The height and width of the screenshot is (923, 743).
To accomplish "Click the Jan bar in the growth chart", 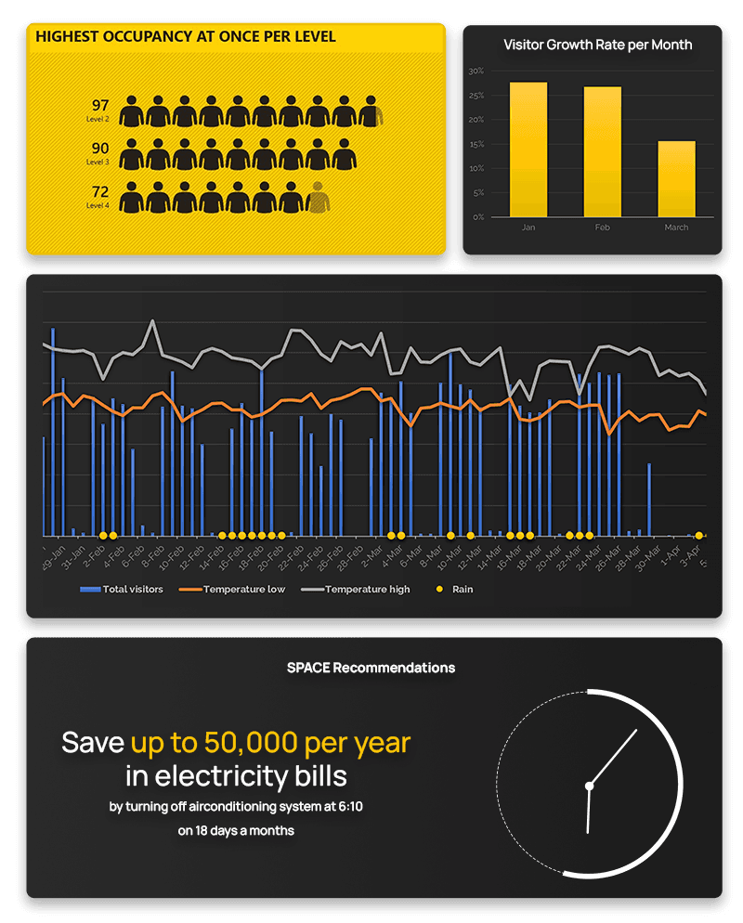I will (528, 149).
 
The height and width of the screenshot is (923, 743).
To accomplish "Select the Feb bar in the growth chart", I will (603, 151).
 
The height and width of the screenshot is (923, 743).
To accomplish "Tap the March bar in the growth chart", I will (676, 178).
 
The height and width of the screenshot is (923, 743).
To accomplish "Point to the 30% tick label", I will (476, 71).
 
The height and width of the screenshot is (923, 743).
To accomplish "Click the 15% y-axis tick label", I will (476, 144).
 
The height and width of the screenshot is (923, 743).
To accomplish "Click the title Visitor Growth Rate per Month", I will (597, 45).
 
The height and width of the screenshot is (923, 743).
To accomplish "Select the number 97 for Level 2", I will (100, 105).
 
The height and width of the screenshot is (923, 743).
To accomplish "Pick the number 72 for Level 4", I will (100, 191).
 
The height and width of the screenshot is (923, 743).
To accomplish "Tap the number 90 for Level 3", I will (100, 149).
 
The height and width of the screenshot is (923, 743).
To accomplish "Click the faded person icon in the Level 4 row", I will (319, 197).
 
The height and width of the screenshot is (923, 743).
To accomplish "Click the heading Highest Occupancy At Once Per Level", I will (186, 37).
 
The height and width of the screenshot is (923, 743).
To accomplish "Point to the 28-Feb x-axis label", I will (351, 559).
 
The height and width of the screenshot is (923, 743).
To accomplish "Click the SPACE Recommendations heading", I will (371, 668).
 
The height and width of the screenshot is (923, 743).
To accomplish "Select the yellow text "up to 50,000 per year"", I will (270, 742).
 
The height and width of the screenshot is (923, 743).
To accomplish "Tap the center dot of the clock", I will (589, 786).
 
